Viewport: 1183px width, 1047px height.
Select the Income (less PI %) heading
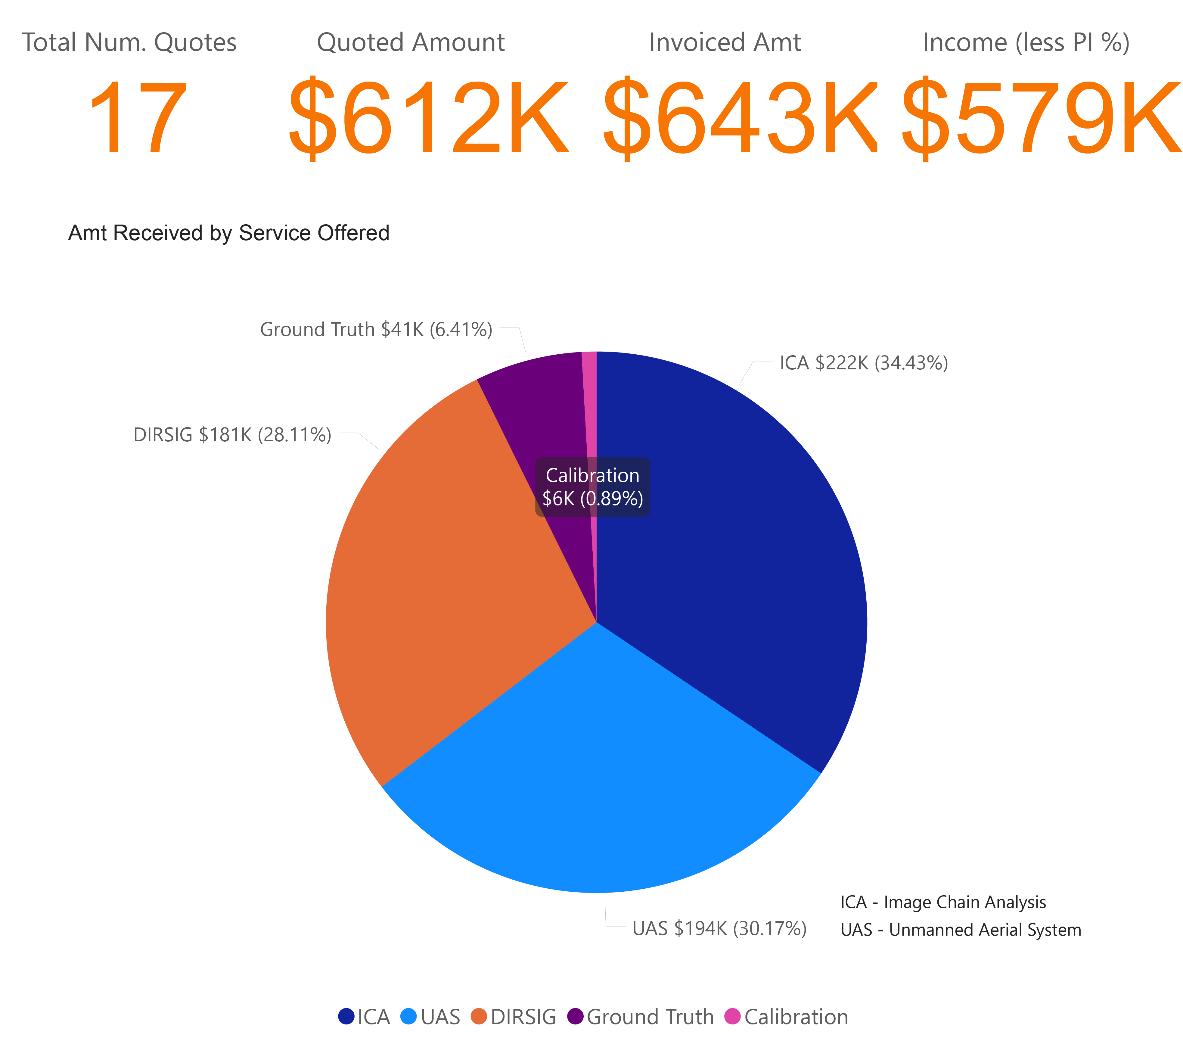pos(1026,42)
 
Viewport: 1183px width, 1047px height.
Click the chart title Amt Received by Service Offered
pos(228,233)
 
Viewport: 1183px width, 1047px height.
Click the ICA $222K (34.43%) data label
pos(864,363)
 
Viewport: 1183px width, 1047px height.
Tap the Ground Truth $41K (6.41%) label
pos(376,329)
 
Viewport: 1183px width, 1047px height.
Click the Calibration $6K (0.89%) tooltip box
pos(592,487)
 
